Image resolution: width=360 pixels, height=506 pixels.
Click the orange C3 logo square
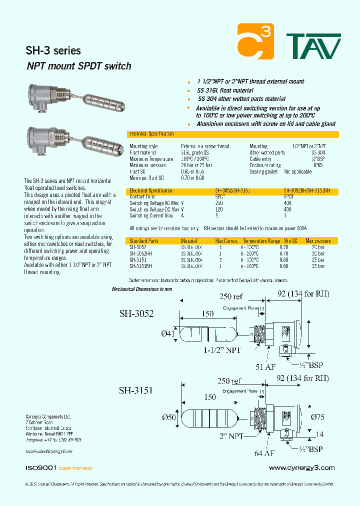click(255, 41)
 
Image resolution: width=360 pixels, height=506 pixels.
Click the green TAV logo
click(313, 46)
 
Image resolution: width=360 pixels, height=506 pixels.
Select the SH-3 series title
click(52, 50)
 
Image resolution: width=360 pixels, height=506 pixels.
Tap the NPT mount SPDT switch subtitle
click(78, 66)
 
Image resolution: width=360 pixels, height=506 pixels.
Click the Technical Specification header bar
click(232, 134)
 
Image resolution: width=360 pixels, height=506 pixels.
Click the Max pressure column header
click(318, 241)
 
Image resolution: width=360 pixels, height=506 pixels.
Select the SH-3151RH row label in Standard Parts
click(139, 266)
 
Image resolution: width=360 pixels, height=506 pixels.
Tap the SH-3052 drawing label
click(136, 314)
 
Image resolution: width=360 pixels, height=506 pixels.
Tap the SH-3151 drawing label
click(135, 390)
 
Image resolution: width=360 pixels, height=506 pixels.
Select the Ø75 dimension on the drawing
click(317, 416)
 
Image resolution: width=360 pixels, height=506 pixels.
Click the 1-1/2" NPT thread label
click(222, 350)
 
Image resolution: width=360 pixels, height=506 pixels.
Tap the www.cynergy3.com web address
click(301, 468)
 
